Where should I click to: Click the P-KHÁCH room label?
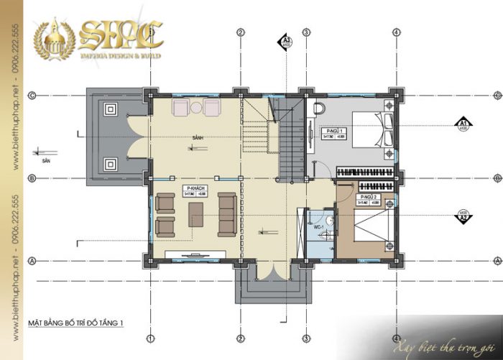[193, 188]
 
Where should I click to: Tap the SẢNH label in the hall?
[195, 137]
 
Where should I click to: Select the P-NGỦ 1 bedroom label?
[332, 131]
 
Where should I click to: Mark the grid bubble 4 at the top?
[396, 32]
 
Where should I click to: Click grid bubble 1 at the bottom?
[150, 338]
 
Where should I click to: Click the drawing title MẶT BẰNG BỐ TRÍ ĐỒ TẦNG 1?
[75, 323]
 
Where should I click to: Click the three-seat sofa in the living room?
[228, 213]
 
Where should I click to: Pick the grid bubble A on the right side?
[498, 260]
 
